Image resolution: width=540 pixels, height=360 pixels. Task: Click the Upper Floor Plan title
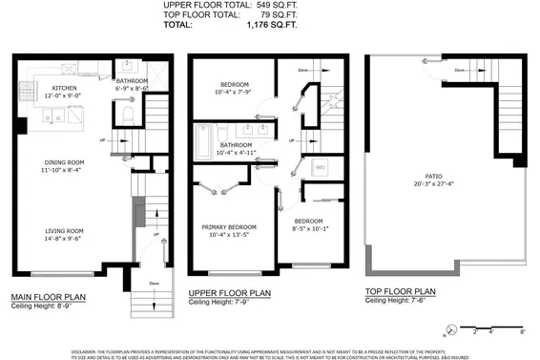tap(230, 293)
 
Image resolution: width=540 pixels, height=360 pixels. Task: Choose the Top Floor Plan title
tap(401, 291)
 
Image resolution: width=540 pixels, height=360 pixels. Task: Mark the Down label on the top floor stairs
tap(459, 69)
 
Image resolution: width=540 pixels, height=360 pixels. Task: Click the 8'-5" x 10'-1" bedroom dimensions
tap(312, 228)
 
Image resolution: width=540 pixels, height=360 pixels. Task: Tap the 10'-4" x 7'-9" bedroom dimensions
tap(232, 93)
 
